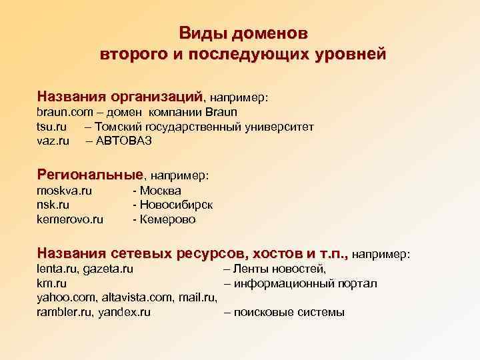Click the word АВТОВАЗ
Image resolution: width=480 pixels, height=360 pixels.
click(x=124, y=141)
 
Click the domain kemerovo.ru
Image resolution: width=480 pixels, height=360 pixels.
click(x=70, y=219)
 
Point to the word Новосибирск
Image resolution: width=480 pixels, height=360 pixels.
click(x=175, y=205)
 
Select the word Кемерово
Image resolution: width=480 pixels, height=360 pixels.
click(x=167, y=219)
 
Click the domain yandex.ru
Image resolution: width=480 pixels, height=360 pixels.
click(x=124, y=311)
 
